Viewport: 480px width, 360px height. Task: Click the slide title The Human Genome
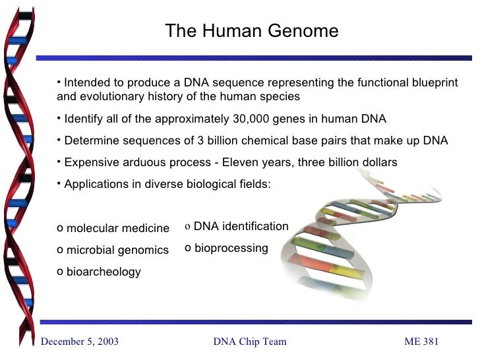coord(251,31)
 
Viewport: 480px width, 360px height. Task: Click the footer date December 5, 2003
coord(80,342)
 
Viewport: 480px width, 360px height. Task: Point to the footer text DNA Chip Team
coord(250,342)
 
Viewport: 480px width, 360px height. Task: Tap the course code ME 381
coord(421,342)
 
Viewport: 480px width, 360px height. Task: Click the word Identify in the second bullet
coord(85,119)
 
